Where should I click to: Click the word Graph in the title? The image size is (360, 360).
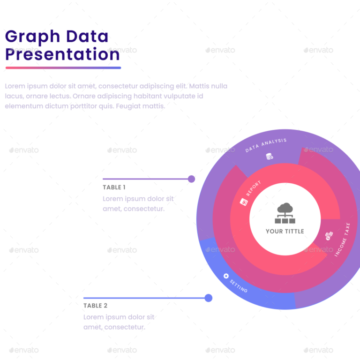[x=32, y=37]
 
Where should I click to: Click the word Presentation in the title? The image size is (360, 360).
[x=62, y=55]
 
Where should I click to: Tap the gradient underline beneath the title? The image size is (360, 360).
[x=63, y=68]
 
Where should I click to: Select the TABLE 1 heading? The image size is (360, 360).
[x=114, y=187]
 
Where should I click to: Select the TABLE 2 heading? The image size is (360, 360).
[x=95, y=306]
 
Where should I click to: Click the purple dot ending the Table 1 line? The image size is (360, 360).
[x=191, y=179]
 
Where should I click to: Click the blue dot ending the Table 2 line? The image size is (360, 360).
[x=209, y=298]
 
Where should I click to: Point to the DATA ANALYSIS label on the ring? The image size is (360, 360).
[x=266, y=145]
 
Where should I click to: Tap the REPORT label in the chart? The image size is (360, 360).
[x=254, y=188]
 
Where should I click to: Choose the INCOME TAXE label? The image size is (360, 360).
[x=342, y=240]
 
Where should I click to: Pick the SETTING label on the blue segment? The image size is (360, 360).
[x=239, y=286]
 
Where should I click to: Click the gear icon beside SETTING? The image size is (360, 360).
[x=226, y=276]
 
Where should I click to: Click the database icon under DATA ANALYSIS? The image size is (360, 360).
[x=270, y=157]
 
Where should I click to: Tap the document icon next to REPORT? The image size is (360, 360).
[x=244, y=202]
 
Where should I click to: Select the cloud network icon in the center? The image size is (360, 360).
[x=285, y=213]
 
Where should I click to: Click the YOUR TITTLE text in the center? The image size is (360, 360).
[x=285, y=231]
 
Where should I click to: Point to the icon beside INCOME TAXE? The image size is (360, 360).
[x=329, y=235]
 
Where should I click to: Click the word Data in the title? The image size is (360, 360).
[x=87, y=37]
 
